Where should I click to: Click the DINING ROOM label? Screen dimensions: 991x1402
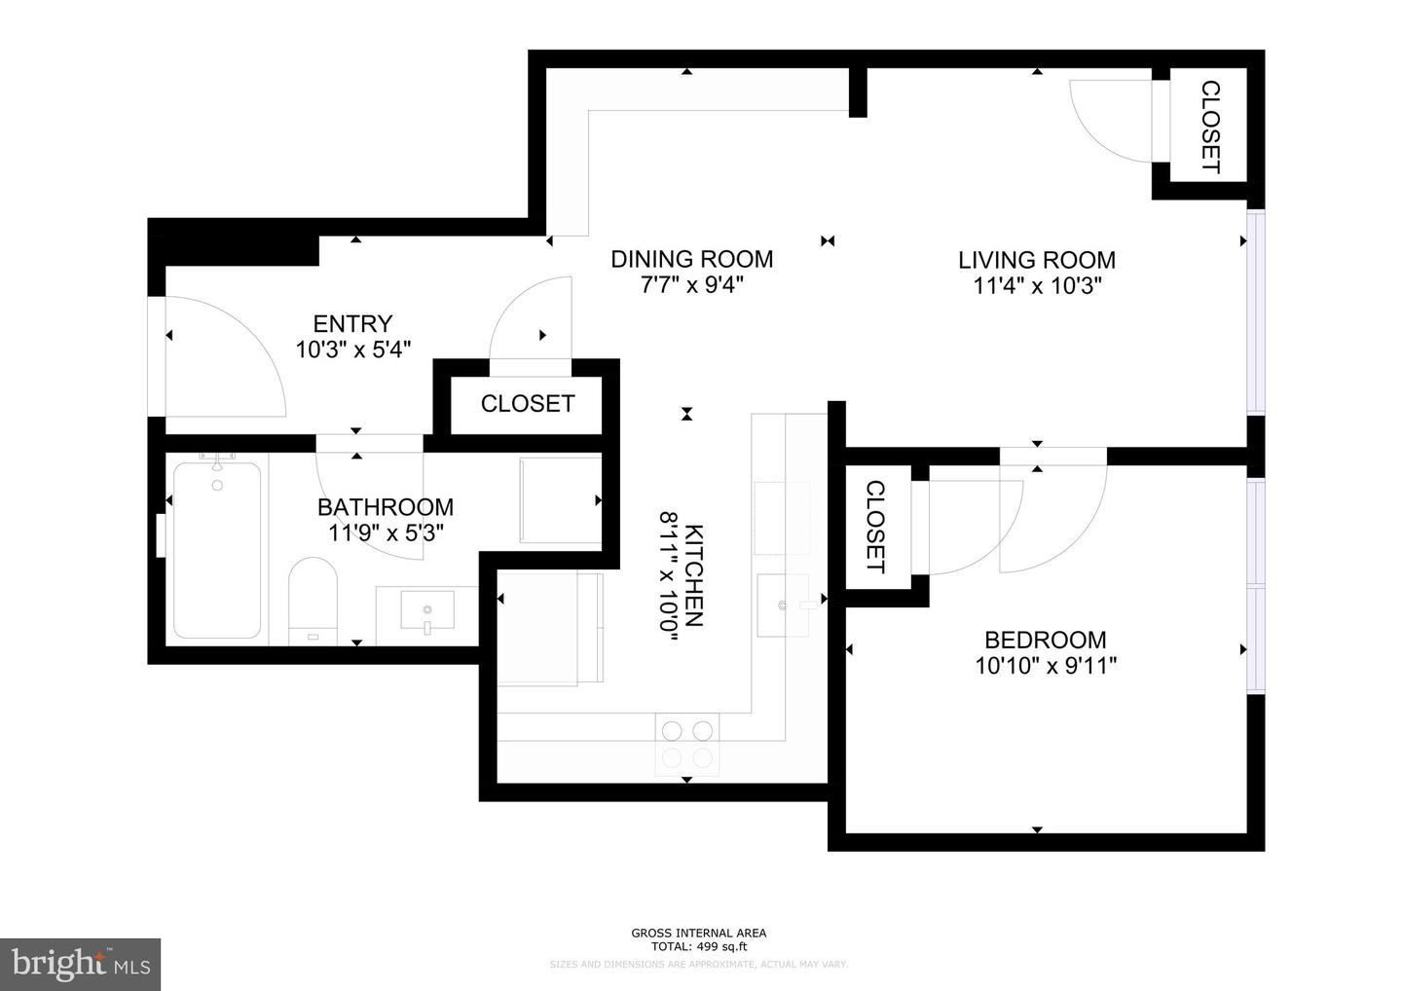tap(691, 259)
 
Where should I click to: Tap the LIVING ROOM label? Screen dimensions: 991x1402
tap(1037, 260)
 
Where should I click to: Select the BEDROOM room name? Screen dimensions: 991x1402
tap(1045, 640)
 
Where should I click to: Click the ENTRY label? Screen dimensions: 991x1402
tap(352, 323)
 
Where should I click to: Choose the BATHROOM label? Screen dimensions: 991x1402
tap(386, 507)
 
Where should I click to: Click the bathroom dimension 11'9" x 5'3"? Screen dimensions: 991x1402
tap(387, 532)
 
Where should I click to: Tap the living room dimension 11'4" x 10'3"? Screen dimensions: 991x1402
tap(1037, 286)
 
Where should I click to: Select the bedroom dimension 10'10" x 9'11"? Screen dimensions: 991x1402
tap(1045, 666)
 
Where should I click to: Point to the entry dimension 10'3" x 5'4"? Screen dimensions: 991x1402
tap(352, 349)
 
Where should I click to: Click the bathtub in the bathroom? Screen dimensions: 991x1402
tap(217, 550)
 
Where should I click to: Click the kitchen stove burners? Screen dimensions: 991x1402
tap(687, 744)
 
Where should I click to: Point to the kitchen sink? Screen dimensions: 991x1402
tap(784, 605)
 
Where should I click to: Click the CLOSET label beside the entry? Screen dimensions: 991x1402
tap(528, 403)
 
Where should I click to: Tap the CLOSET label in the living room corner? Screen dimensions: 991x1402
tap(1209, 127)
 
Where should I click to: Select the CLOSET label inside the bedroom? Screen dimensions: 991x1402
tap(874, 527)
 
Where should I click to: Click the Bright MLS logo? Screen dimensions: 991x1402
tap(80, 964)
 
